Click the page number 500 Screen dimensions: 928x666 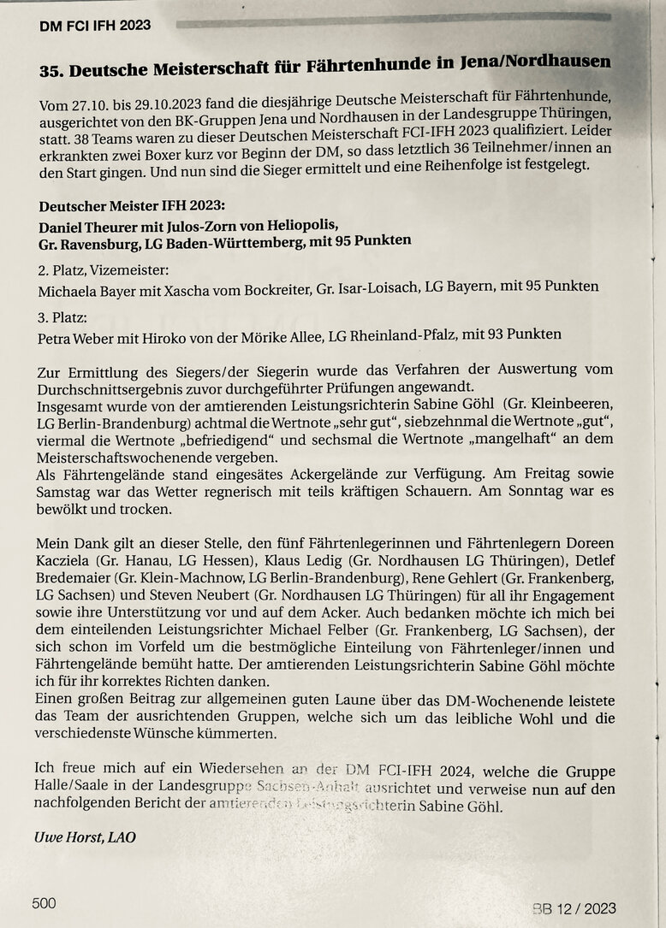pos(45,902)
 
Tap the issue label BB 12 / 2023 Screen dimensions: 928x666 pos(573,907)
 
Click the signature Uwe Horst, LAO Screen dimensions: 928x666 pos(85,837)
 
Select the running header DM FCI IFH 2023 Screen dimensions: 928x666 pos(95,26)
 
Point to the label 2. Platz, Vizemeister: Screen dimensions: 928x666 pos(104,270)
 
